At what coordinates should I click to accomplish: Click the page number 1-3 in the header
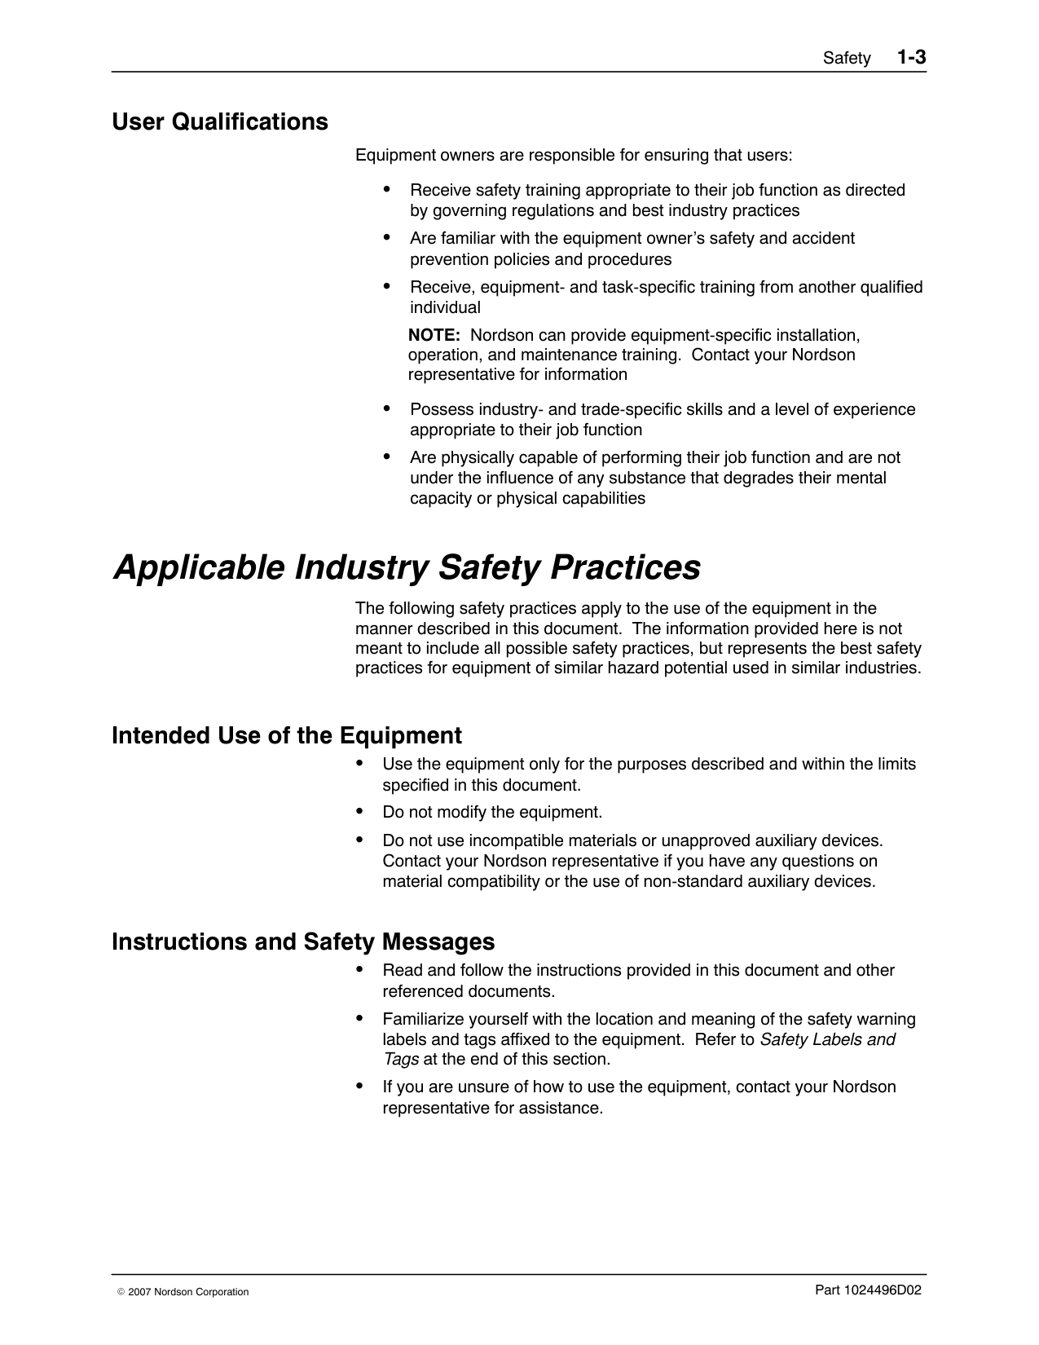point(912,57)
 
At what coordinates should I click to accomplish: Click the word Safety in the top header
point(847,59)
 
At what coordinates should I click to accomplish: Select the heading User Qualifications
point(220,122)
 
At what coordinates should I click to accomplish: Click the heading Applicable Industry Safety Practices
point(407,567)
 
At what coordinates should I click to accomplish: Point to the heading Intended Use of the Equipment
point(287,735)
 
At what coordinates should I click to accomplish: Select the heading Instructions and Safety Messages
point(303,941)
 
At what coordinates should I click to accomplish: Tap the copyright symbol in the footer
point(121,1292)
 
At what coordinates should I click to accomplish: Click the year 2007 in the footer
point(139,1292)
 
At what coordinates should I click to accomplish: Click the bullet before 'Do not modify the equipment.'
point(360,811)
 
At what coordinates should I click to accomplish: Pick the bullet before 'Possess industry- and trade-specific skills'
point(387,408)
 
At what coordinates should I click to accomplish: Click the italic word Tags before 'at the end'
point(401,1059)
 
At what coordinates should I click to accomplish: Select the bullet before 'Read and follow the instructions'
point(360,969)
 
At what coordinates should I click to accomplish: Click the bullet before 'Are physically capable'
point(387,456)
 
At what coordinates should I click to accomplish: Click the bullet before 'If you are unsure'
point(360,1086)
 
